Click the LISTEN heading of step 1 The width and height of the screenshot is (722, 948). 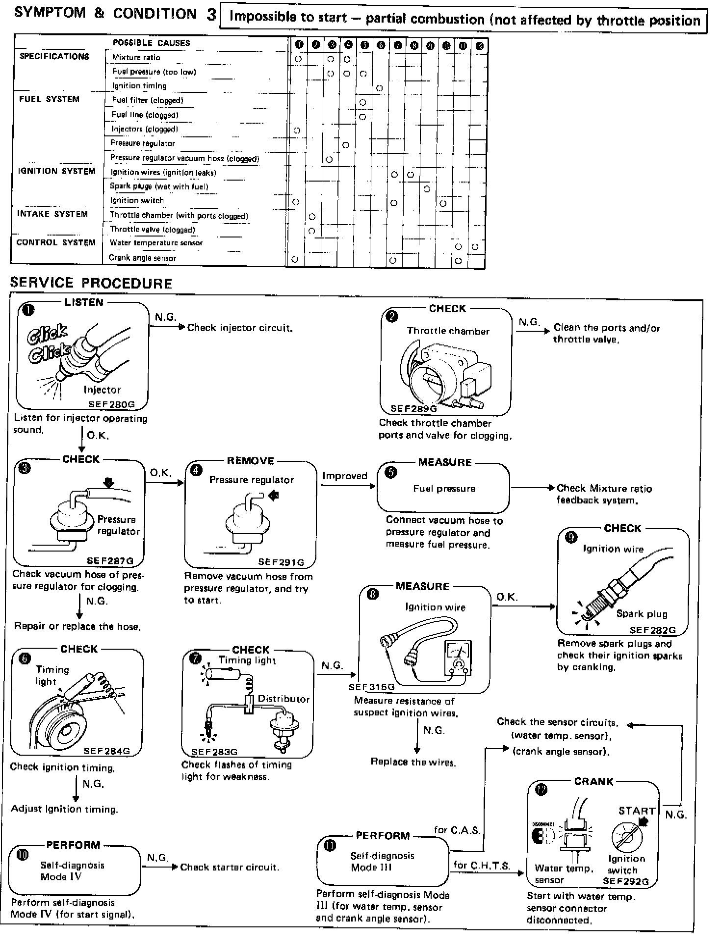[84, 303]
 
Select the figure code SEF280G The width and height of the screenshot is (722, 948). [111, 405]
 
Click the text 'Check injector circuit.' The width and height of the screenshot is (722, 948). [240, 328]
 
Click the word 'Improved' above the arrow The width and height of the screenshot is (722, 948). [345, 476]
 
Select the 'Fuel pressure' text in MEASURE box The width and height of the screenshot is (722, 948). [444, 489]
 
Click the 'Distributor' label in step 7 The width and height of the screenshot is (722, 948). [284, 699]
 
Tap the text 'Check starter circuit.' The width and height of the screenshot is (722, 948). [230, 867]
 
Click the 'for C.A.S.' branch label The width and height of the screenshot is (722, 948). [457, 830]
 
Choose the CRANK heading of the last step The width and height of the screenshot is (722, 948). [593, 782]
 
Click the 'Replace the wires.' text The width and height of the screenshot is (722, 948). [413, 762]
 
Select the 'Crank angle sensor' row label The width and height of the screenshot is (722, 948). [142, 258]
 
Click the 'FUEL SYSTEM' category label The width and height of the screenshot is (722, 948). [49, 99]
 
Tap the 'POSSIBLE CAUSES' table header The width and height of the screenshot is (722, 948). [151, 43]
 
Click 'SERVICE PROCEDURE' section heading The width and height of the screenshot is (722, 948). [91, 283]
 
